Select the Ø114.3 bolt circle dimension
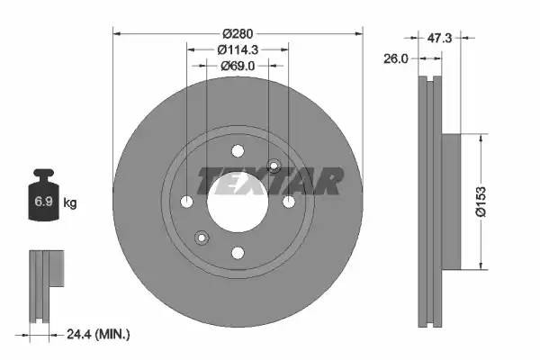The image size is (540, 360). [x=238, y=49]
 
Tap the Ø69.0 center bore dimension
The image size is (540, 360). [x=238, y=66]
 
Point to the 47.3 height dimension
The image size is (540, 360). [x=438, y=38]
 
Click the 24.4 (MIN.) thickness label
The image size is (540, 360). [x=99, y=335]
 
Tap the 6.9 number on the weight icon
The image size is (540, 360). [x=42, y=202]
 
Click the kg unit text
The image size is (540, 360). [x=70, y=203]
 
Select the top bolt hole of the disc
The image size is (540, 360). [x=238, y=151]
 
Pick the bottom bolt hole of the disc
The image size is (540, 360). [x=238, y=253]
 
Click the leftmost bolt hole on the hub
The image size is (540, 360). [x=186, y=202]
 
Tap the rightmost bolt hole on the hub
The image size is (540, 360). [x=289, y=202]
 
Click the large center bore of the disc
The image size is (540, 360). [x=238, y=202]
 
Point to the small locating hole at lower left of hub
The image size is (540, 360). [x=202, y=238]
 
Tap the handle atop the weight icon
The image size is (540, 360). [x=42, y=174]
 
